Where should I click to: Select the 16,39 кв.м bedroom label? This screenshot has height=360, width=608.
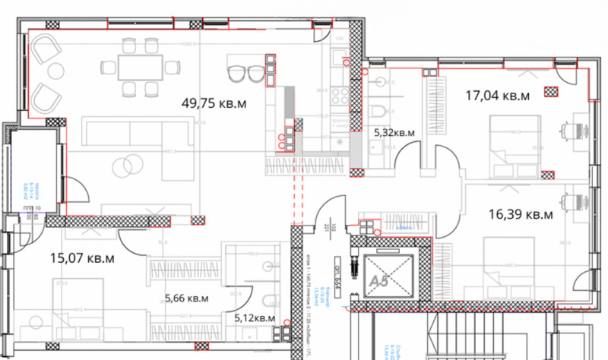coord(519,215)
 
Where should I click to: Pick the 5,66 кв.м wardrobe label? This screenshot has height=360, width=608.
coord(187,298)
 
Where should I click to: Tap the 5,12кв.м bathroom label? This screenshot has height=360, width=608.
coord(254,318)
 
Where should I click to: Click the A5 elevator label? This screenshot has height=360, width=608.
coord(380,280)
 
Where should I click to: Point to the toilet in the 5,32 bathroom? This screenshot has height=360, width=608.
coord(380,114)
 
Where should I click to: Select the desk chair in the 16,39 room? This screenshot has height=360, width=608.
coord(575,201)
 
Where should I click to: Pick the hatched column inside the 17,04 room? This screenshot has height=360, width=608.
coord(550,93)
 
